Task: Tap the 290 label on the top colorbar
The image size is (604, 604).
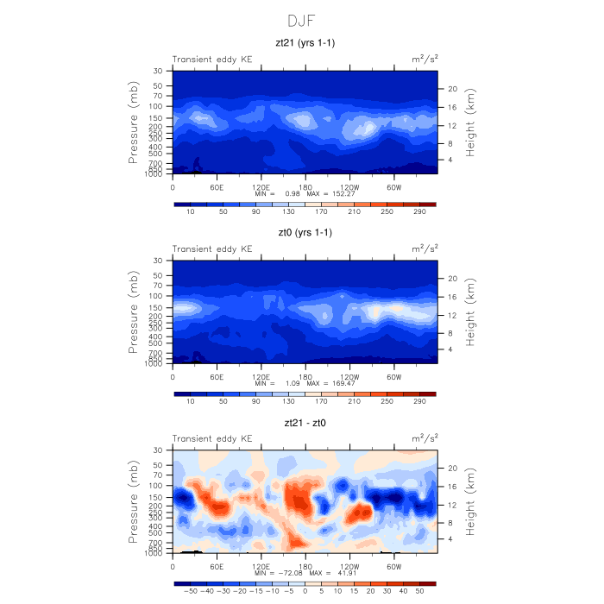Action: [x=419, y=212]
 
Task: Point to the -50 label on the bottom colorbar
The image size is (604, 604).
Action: [x=186, y=592]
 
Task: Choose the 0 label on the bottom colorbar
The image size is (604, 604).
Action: [x=305, y=592]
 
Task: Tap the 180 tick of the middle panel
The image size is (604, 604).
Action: [x=305, y=376]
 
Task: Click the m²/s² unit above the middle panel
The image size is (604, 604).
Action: [x=424, y=249]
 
